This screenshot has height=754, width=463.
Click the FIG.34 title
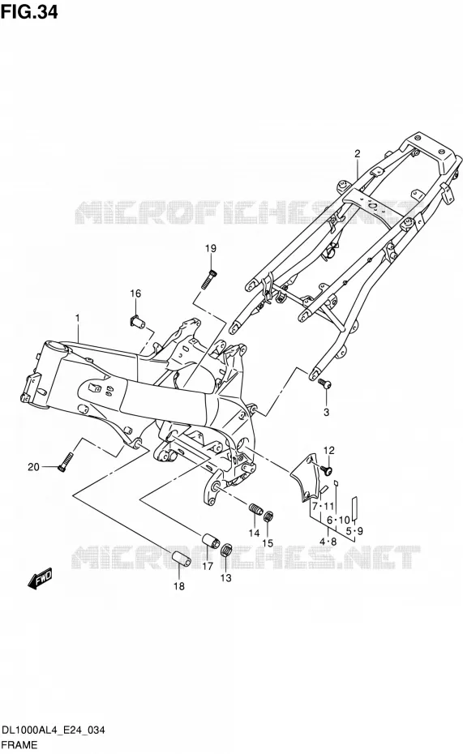pyautogui.click(x=29, y=11)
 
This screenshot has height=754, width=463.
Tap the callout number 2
pyautogui.click(x=358, y=154)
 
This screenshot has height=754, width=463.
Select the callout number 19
pyautogui.click(x=211, y=249)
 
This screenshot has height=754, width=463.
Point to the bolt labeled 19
pyautogui.click(x=209, y=278)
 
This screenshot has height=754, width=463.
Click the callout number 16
pyautogui.click(x=135, y=293)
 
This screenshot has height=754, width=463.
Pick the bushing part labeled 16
pyautogui.click(x=137, y=321)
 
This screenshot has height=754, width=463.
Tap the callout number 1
pyautogui.click(x=77, y=319)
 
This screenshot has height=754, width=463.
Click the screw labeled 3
pyautogui.click(x=324, y=383)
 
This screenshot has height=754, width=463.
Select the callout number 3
pyautogui.click(x=326, y=412)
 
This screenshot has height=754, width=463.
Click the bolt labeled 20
pyautogui.click(x=66, y=461)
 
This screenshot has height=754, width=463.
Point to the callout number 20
pyautogui.click(x=33, y=466)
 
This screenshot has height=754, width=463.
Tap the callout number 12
pyautogui.click(x=328, y=451)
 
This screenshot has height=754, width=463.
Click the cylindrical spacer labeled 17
pyautogui.click(x=210, y=540)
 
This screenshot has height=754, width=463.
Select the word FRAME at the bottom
pyautogui.click(x=19, y=745)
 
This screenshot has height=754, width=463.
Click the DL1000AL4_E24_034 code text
pyautogui.click(x=54, y=731)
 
